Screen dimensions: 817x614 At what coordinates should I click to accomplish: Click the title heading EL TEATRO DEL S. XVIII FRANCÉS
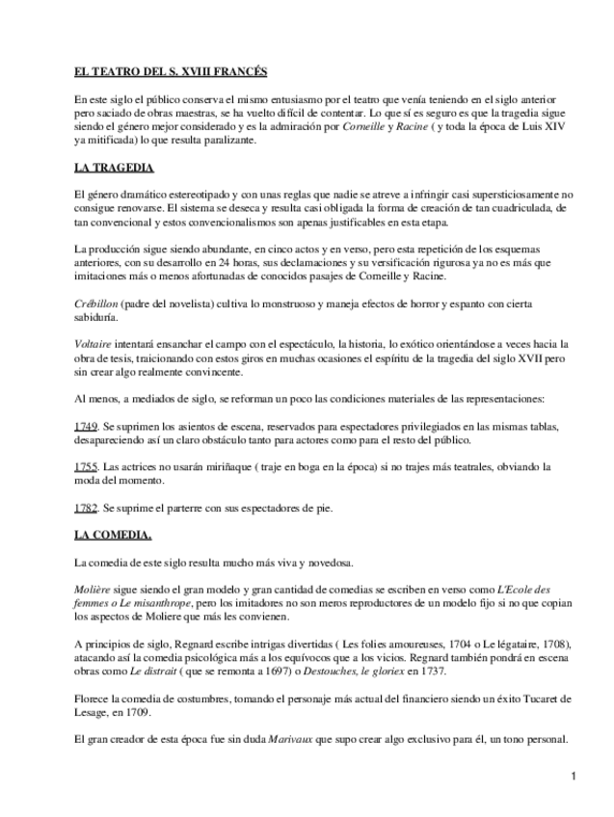tap(171, 72)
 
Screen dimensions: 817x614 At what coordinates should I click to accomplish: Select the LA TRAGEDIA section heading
tap(114, 168)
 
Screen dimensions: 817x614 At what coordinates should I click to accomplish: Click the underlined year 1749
tap(84, 426)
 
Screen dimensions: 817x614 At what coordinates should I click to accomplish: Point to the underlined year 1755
tap(84, 466)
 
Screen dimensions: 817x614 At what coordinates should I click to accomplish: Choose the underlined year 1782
tap(84, 507)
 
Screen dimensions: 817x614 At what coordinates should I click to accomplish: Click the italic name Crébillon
tap(95, 303)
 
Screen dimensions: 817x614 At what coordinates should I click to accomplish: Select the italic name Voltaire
tap(93, 344)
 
